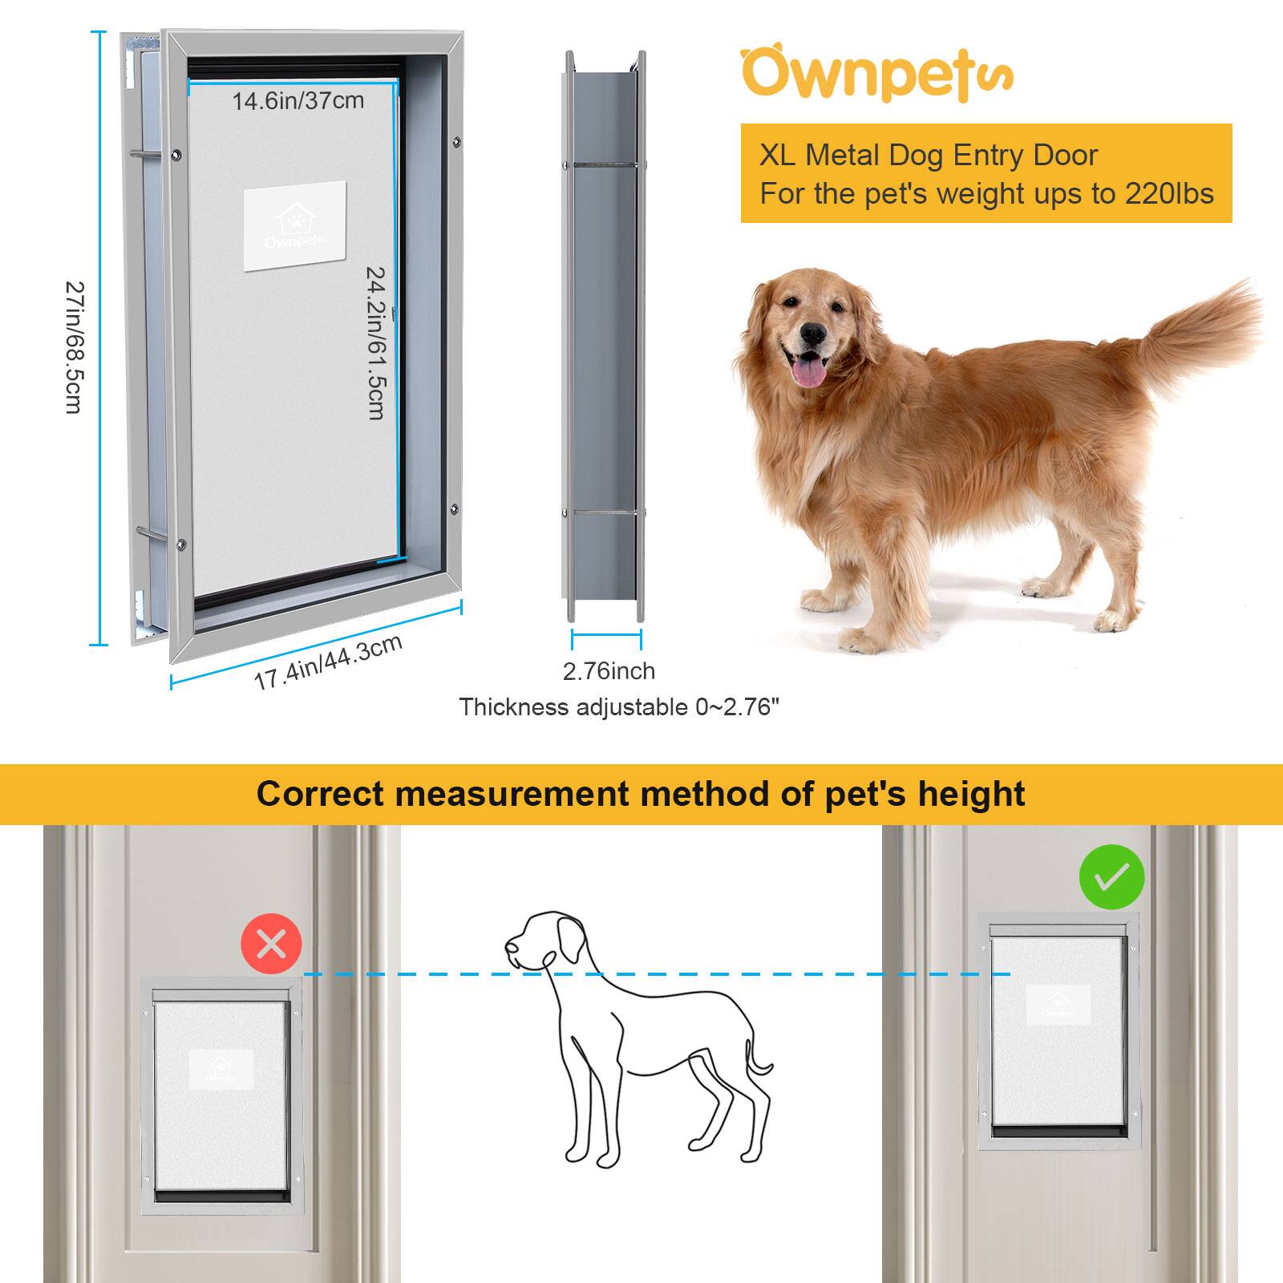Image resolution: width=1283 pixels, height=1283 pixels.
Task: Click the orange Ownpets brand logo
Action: [x=876, y=75]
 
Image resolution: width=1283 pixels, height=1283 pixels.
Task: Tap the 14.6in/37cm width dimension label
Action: [x=298, y=101]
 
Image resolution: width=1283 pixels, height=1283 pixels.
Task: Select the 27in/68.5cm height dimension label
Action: [x=74, y=346]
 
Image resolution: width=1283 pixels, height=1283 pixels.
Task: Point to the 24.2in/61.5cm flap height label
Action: [x=375, y=342]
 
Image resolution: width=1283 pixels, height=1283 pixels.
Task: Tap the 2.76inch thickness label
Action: [x=609, y=670]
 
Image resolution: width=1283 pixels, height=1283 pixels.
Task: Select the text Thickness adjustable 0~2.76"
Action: [x=619, y=707]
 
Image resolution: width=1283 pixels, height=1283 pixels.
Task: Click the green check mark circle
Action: [x=1111, y=876]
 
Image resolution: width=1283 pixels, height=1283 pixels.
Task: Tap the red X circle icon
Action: [x=271, y=944]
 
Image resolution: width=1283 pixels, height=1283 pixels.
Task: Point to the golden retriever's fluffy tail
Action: [x=1203, y=329]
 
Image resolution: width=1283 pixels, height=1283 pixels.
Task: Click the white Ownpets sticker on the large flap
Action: [x=294, y=225]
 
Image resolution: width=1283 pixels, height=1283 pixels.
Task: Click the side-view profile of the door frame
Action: [x=605, y=337]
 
